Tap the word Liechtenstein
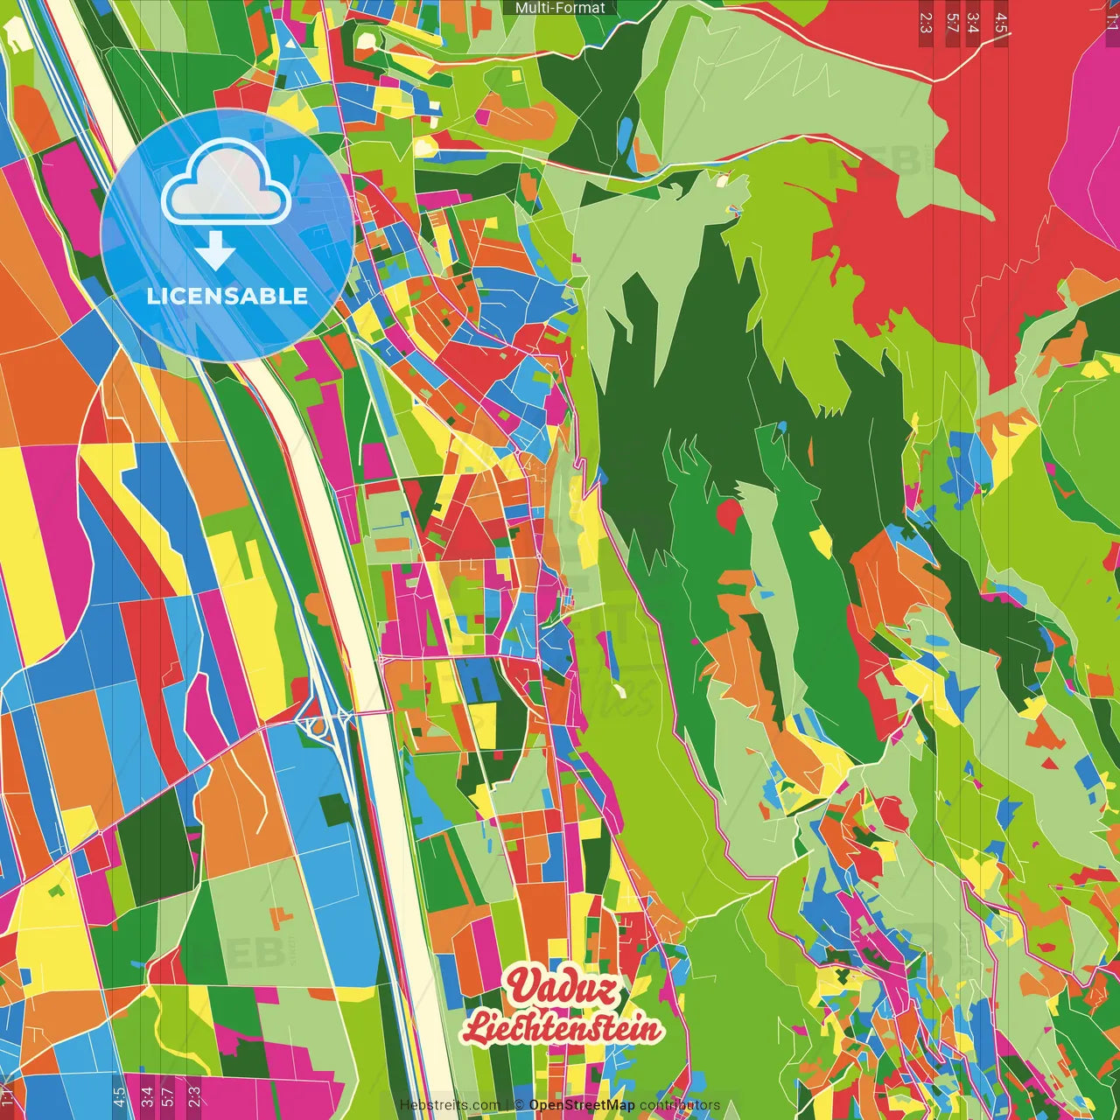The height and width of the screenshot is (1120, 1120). click(561, 1027)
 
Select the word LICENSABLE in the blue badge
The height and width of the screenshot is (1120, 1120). click(227, 296)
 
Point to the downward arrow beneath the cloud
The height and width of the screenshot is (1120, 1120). click(215, 252)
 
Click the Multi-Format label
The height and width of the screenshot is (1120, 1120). click(560, 8)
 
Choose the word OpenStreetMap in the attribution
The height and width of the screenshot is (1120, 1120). click(582, 1105)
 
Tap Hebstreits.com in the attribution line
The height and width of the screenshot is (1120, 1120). click(450, 1105)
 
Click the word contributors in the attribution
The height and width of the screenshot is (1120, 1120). click(680, 1105)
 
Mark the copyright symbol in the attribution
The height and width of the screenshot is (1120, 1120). click(519, 1105)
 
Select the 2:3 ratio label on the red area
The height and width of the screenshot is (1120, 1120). click(926, 23)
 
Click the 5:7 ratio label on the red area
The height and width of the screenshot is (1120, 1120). click(952, 23)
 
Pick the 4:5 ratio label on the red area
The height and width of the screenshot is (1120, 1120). click(1001, 23)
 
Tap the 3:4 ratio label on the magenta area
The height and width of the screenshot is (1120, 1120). click(146, 1095)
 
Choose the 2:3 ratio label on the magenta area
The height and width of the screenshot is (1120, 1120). click(193, 1095)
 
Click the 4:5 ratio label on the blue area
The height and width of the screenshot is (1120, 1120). click(119, 1095)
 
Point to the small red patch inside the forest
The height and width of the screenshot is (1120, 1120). click(729, 514)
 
